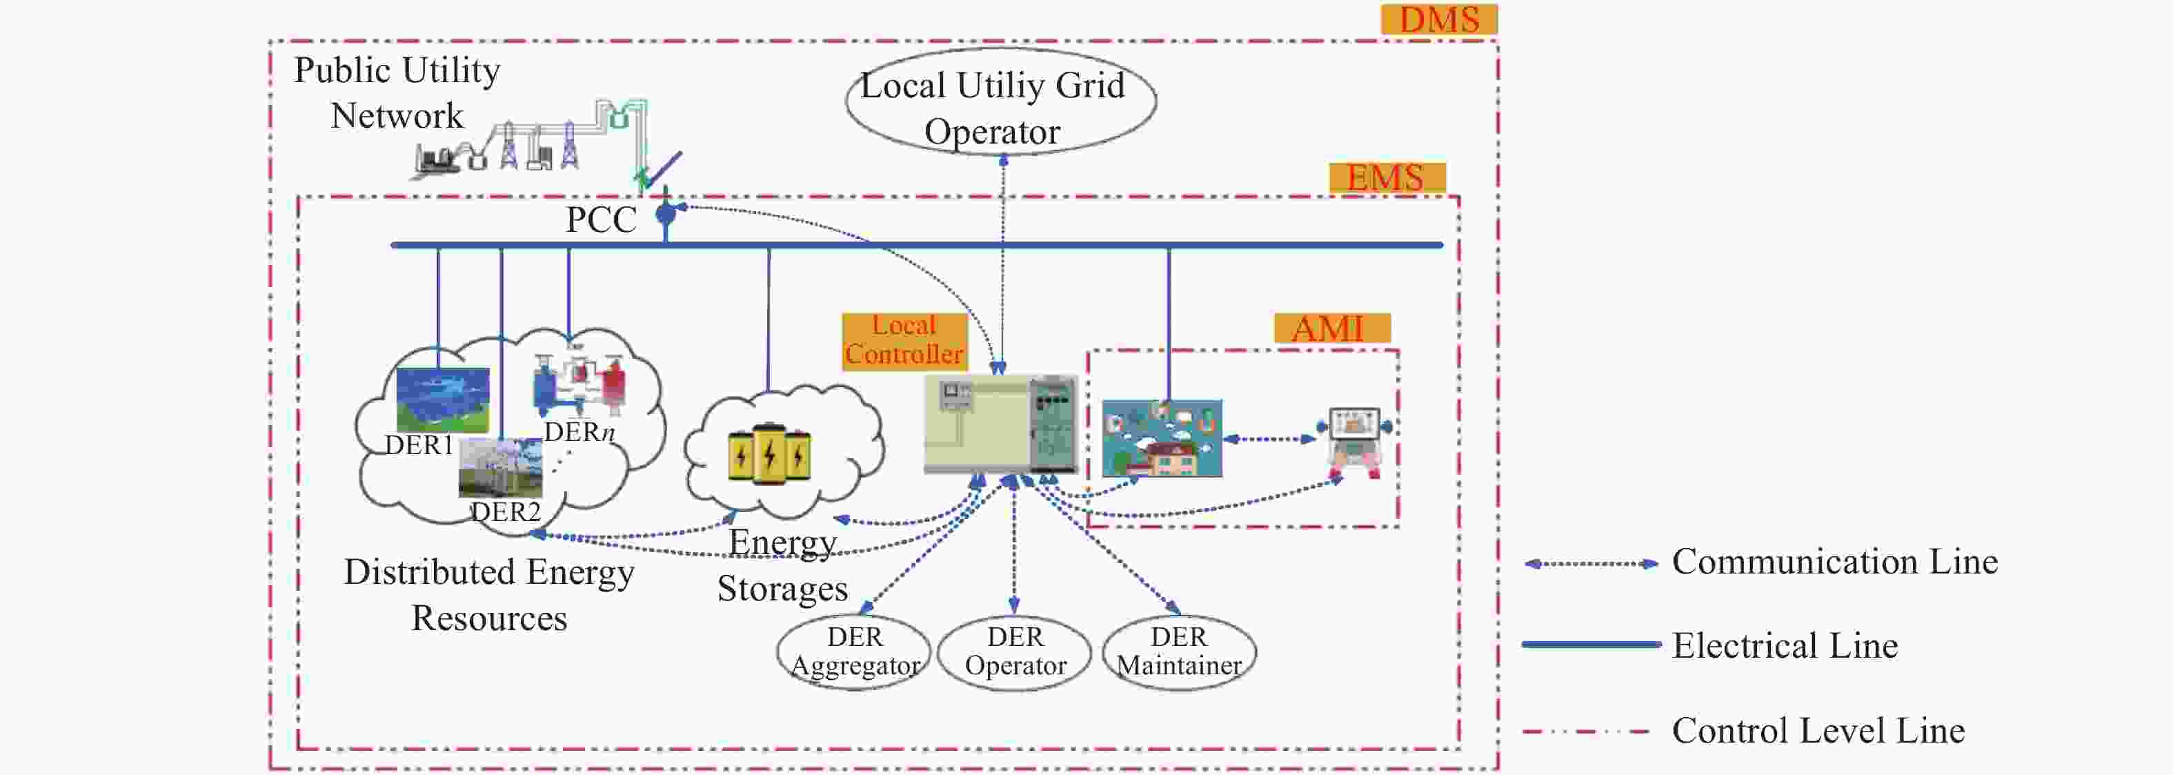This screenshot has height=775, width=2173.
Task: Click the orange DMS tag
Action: click(x=1439, y=19)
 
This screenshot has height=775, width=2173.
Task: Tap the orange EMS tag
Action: click(x=1387, y=178)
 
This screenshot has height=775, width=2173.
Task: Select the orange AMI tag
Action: click(x=1331, y=328)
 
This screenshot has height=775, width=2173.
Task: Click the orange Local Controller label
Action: click(x=904, y=340)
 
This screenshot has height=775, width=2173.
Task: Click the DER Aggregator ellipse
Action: click(x=854, y=651)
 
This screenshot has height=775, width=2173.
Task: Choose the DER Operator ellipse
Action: click(x=1015, y=651)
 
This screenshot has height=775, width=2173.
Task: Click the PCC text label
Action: click(x=601, y=219)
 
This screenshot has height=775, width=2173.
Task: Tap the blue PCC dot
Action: click(x=666, y=213)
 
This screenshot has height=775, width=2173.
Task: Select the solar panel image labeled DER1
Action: click(x=443, y=400)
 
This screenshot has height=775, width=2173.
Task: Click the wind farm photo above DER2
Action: click(x=500, y=469)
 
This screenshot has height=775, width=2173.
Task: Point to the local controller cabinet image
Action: click(x=1001, y=423)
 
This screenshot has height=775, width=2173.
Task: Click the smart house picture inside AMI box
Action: click(x=1162, y=438)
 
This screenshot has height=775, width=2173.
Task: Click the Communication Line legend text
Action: click(x=1835, y=562)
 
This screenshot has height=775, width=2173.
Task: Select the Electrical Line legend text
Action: click(x=1785, y=646)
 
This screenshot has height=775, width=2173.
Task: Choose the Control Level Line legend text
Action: click(x=1818, y=730)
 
